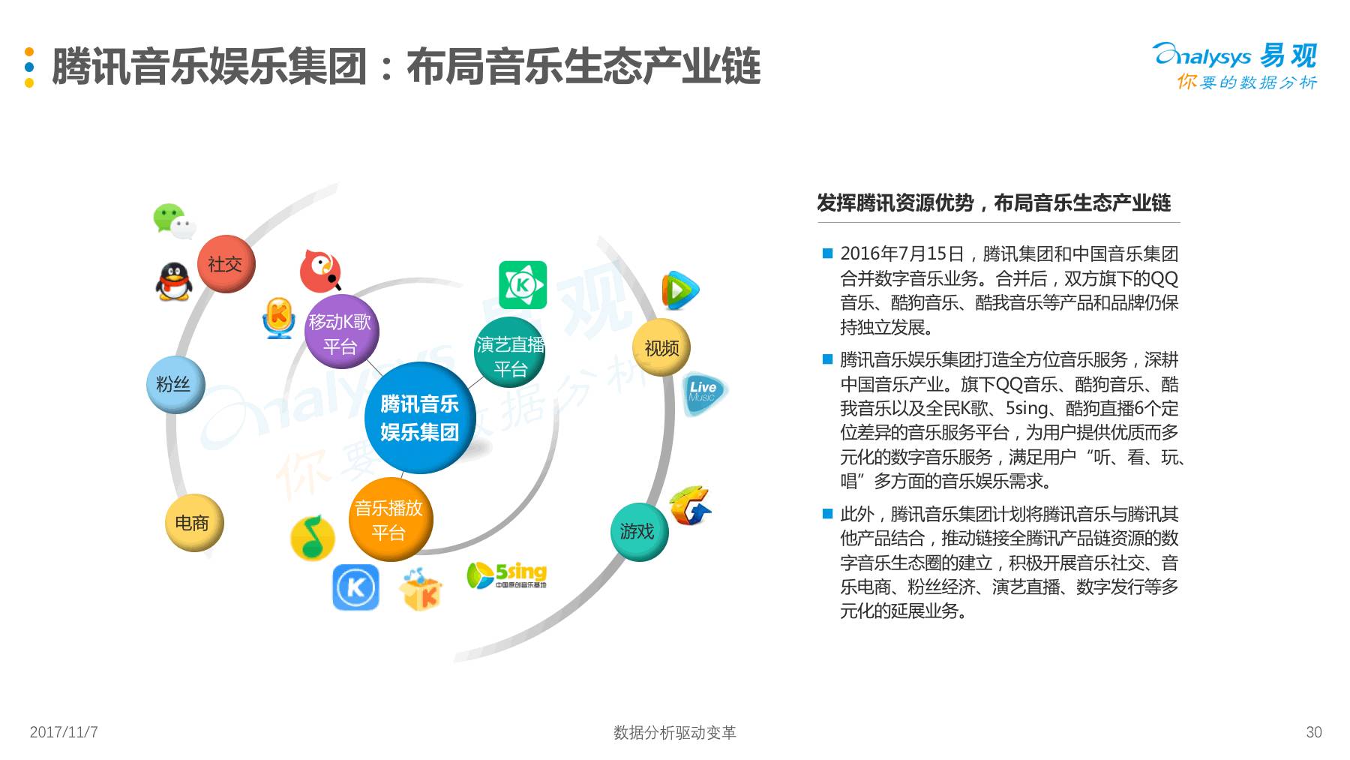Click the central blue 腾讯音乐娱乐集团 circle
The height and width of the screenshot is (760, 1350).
(419, 418)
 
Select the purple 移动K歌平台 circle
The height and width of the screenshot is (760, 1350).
(340, 332)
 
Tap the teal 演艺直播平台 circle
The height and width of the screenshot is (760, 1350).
(510, 354)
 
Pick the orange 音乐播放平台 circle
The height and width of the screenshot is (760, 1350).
(389, 519)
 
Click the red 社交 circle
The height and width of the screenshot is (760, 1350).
(225, 263)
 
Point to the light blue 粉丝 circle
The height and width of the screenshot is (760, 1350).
(174, 384)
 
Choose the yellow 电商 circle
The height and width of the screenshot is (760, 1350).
(193, 522)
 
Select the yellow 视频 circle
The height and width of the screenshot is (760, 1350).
(661, 347)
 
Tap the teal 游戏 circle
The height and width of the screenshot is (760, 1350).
(637, 531)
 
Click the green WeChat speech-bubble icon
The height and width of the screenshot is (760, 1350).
(173, 221)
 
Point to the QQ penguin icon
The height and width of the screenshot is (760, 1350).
(174, 282)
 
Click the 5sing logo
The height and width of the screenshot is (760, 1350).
(507, 575)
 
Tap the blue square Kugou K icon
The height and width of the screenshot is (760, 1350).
(355, 587)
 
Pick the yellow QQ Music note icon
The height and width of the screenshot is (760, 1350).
(312, 537)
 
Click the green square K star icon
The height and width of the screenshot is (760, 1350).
(522, 284)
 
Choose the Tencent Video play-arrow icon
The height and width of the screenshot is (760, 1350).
(679, 290)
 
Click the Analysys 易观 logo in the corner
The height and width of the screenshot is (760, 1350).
(1235, 65)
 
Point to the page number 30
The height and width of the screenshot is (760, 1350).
(1313, 732)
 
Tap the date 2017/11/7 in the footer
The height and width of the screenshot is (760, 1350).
(64, 732)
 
